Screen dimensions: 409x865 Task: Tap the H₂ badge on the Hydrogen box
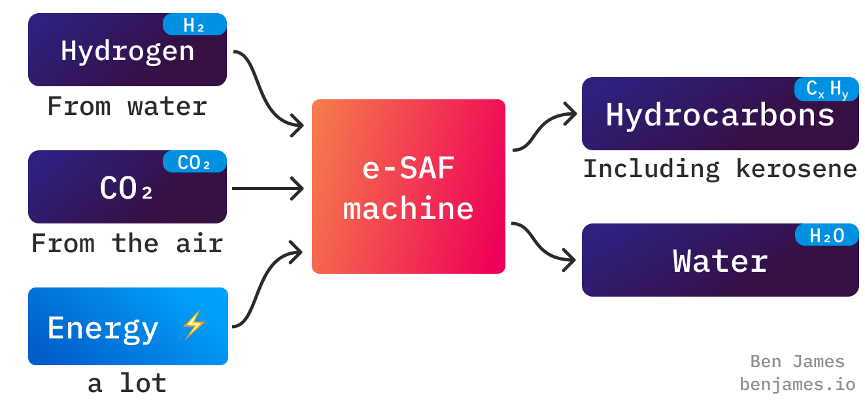(194, 25)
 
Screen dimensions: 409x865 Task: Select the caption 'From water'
(127, 106)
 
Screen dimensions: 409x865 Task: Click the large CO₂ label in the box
(127, 188)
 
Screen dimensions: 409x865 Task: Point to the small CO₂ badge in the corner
(194, 162)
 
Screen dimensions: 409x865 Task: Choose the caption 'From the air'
(127, 244)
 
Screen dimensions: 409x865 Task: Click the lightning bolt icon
(194, 325)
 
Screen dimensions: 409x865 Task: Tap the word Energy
(103, 327)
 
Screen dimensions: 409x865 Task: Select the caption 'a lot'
(127, 383)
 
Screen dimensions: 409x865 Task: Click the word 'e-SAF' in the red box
(408, 169)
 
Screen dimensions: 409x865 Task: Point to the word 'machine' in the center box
(408, 208)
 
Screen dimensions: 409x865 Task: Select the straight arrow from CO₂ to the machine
(268, 189)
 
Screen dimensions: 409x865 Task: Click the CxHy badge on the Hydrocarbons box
(826, 90)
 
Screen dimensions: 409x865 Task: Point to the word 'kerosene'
(796, 169)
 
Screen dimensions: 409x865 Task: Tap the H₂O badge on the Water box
(826, 235)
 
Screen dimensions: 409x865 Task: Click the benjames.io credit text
(797, 384)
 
